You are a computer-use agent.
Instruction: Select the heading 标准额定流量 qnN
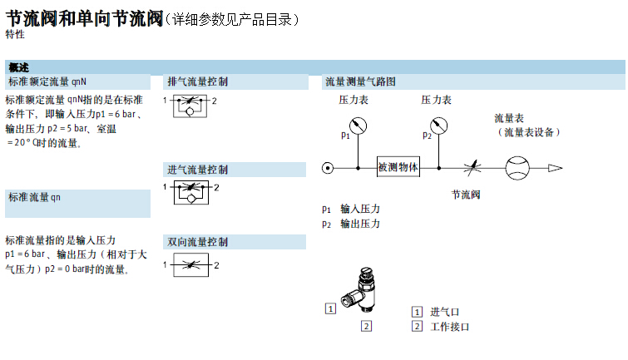pos(47,81)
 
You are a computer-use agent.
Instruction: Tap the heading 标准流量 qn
pos(34,197)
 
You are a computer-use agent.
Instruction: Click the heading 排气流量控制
pos(197,81)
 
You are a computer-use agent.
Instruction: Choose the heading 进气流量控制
pos(197,170)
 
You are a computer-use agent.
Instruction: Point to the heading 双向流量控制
pos(197,242)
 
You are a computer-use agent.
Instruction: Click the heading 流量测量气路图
pos(359,81)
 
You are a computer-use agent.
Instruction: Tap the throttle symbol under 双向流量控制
pos(190,265)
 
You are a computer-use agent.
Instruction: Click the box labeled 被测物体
pos(398,167)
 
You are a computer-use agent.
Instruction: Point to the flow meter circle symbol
pos(517,167)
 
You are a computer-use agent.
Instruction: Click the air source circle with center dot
pos(328,167)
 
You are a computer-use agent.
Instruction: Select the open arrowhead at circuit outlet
pos(554,167)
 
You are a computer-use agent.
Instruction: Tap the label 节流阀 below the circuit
pos(466,195)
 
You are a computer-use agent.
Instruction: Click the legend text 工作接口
pos(450,326)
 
